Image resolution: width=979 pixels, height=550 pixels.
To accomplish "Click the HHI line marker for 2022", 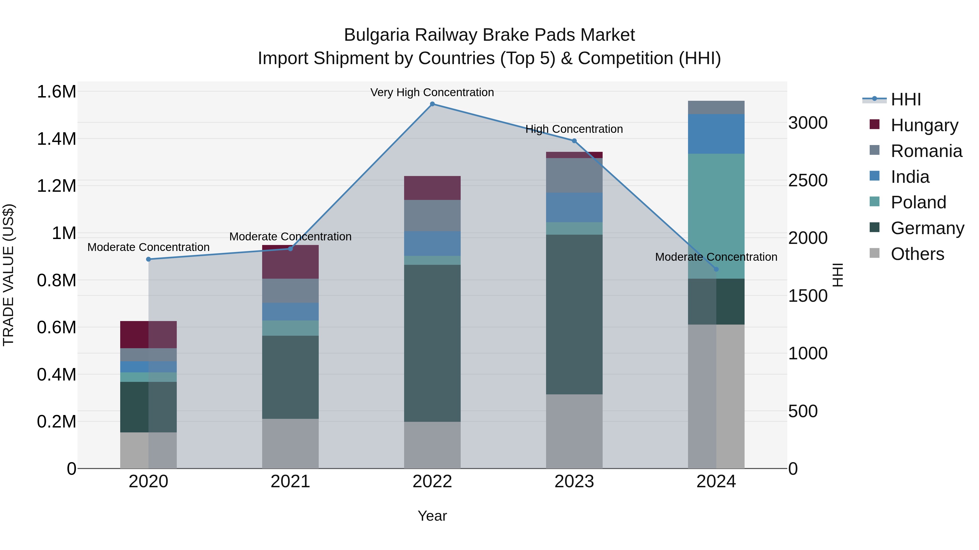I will coord(432,104).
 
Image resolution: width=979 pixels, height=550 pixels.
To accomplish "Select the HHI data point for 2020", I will coord(148,259).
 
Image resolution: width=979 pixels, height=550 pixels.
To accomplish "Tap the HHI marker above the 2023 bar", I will coord(574,141).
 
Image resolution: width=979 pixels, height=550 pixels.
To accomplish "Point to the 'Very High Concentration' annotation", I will coord(432,92).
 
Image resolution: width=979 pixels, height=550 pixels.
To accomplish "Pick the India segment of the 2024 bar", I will coord(716,134).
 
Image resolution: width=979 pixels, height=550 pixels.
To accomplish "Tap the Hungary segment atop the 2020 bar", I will coord(148,334).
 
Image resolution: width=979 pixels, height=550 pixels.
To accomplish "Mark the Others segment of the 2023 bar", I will coord(574,431).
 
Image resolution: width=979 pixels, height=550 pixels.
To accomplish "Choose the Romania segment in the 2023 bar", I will coord(574,175).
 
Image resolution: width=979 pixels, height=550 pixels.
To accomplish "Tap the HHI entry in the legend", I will coord(906,99).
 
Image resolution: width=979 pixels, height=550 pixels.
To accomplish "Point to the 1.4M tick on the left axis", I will coord(56,139).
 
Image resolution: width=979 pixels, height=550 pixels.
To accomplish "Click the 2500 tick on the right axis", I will coord(808,181).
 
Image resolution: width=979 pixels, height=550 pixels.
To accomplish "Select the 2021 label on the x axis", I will coord(290,482).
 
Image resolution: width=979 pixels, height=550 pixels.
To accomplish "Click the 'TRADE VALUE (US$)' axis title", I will coord(9,275).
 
